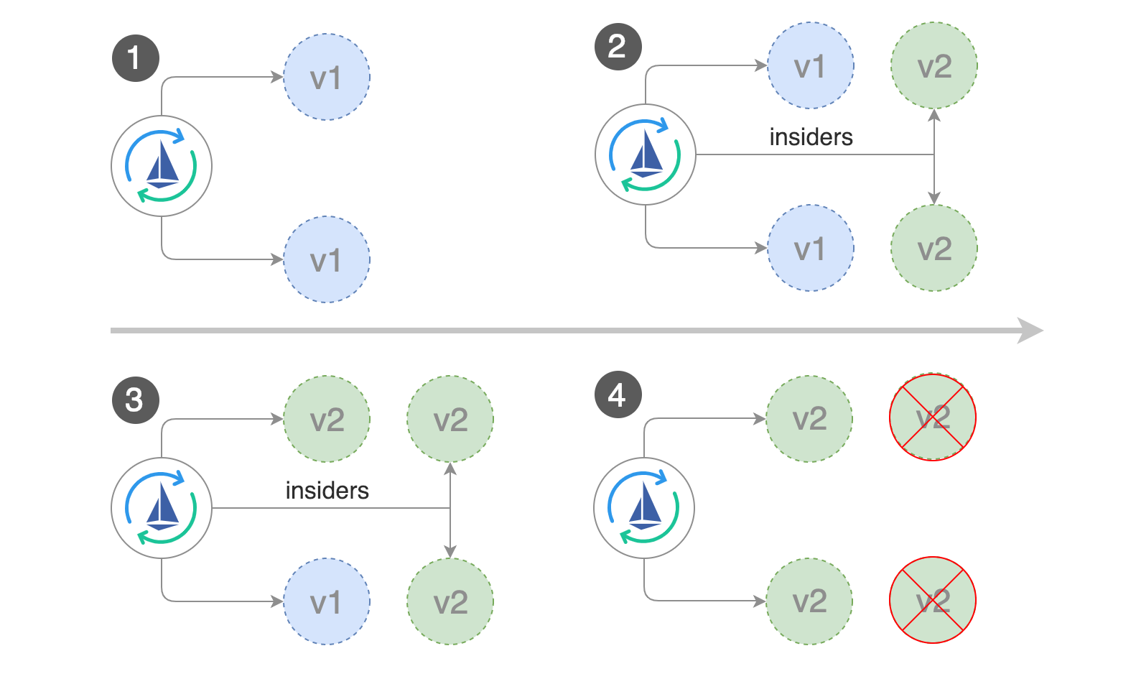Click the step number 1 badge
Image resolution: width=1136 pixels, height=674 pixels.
pyautogui.click(x=135, y=58)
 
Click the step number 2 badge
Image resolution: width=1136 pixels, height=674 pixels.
pyautogui.click(x=618, y=47)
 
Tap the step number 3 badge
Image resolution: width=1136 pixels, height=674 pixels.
pyautogui.click(x=135, y=400)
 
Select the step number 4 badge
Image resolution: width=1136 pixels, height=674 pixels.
pyautogui.click(x=618, y=394)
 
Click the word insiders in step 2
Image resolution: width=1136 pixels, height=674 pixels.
pyautogui.click(x=811, y=137)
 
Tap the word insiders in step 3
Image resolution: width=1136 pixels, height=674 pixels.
pyautogui.click(x=327, y=491)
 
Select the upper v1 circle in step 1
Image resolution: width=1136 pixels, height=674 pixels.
pyautogui.click(x=327, y=77)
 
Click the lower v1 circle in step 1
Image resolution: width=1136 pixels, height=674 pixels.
pyautogui.click(x=327, y=259)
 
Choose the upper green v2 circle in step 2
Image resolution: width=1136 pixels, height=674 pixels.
pyautogui.click(x=934, y=65)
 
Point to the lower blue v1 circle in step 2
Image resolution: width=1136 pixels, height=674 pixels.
pyautogui.click(x=811, y=248)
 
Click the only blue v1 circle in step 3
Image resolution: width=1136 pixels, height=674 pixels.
pyautogui.click(x=327, y=601)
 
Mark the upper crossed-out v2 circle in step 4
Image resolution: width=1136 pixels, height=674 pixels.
pyautogui.click(x=932, y=417)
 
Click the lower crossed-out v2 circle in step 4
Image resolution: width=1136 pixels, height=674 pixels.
pyautogui.click(x=932, y=600)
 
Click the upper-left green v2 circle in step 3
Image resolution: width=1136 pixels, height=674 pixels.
pyautogui.click(x=327, y=419)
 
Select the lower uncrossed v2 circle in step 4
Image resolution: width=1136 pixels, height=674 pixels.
pyautogui.click(x=809, y=601)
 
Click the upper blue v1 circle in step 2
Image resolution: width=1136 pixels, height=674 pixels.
pyautogui.click(x=811, y=65)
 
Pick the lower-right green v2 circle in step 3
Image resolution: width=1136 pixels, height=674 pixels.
pyautogui.click(x=450, y=601)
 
